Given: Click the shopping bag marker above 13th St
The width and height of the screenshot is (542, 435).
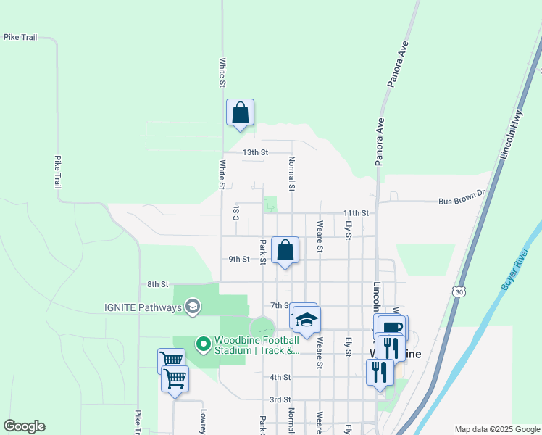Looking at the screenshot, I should point(240,113).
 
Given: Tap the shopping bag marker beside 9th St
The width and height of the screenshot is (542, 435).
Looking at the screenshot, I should point(285,251).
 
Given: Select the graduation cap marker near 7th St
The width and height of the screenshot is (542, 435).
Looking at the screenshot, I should point(307,319).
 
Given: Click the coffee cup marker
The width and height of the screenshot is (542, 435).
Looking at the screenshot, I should point(392,327).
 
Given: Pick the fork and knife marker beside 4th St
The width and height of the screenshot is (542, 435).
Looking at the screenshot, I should point(380,372).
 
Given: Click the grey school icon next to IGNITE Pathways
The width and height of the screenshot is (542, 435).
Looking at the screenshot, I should point(192,307).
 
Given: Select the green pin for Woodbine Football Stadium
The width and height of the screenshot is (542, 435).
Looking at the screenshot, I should point(204,343).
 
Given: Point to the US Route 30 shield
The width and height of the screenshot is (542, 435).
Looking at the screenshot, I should point(457,291).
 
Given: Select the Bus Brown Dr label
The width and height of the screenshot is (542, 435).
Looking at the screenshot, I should point(464,202).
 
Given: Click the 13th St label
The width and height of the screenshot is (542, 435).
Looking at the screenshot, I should point(255,153).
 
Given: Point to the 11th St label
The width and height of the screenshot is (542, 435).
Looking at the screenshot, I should point(356,213).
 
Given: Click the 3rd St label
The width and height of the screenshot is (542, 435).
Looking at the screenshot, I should point(280,399).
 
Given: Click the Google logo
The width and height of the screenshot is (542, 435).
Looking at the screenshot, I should point(24,426).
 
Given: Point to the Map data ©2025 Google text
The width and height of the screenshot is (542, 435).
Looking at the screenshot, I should point(496,429).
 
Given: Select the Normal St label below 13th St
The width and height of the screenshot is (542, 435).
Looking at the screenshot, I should point(292,174).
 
